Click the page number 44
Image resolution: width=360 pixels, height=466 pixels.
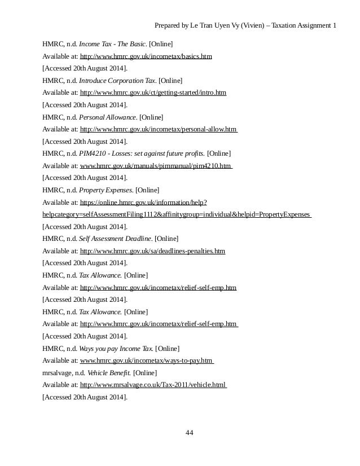click(x=190, y=433)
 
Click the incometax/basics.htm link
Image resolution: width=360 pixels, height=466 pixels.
click(x=146, y=57)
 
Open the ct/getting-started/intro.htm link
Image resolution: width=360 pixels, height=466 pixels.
click(x=153, y=93)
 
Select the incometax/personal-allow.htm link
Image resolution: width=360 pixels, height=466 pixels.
click(x=159, y=129)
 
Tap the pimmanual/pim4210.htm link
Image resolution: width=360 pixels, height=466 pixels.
click(x=156, y=166)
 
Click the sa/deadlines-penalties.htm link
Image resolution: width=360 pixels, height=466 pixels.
click(x=152, y=251)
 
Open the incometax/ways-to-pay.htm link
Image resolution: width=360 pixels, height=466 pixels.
click(x=147, y=361)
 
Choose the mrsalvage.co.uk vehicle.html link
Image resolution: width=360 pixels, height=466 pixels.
click(x=153, y=385)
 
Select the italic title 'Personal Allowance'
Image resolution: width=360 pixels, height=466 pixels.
click(x=108, y=117)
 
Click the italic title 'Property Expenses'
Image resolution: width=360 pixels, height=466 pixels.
click(x=106, y=190)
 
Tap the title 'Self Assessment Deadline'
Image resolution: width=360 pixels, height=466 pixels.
click(x=115, y=239)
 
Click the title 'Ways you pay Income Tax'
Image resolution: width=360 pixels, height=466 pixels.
click(x=116, y=349)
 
